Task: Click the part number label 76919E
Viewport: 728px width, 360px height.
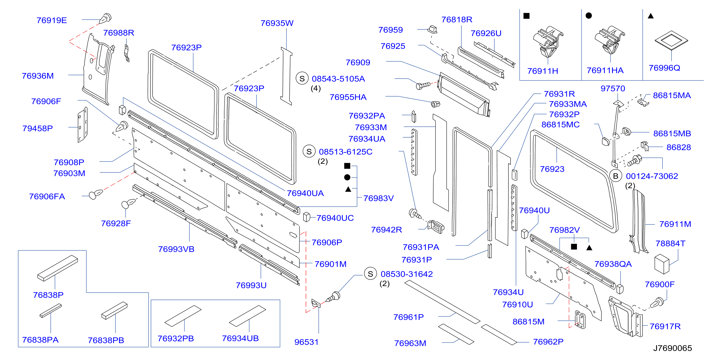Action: tap(52, 20)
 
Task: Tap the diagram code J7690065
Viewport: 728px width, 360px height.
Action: tap(672, 348)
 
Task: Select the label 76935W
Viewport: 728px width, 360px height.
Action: tap(277, 23)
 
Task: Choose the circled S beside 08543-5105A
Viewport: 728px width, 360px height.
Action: tap(302, 79)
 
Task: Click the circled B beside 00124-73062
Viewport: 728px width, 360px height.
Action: tap(616, 176)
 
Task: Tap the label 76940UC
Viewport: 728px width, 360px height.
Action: tap(335, 218)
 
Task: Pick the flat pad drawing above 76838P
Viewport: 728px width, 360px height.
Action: tap(58, 268)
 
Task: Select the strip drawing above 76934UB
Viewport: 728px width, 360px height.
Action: tap(247, 316)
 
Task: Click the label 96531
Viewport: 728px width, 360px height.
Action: tap(306, 342)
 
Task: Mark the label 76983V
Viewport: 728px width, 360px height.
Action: tap(378, 198)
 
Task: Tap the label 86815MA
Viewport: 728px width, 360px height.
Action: tap(672, 96)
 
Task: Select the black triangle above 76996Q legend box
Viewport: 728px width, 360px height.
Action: tap(651, 16)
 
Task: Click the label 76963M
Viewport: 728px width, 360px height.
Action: tap(410, 343)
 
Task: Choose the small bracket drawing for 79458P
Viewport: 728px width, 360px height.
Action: tap(82, 125)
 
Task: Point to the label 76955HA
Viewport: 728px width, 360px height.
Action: tap(348, 97)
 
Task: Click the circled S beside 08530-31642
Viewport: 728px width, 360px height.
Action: tap(370, 274)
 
